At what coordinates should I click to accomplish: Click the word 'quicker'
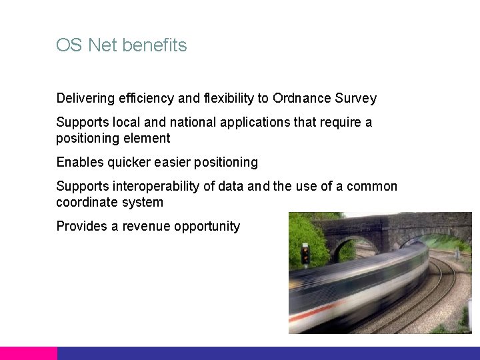[130, 163]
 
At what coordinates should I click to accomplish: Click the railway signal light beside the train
[305, 253]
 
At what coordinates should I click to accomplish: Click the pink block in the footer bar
[29, 353]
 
